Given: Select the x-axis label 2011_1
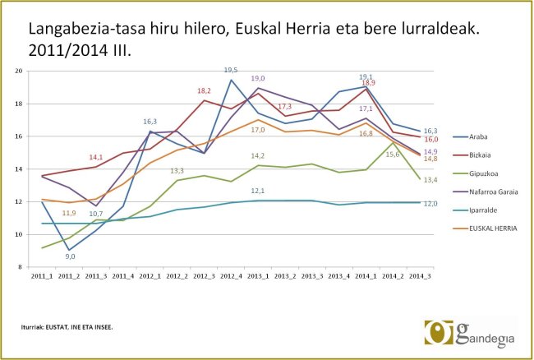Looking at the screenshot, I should coord(42,276).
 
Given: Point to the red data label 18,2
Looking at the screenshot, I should coord(205,90).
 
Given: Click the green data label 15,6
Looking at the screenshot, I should coord(393,154).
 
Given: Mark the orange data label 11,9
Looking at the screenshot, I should coord(69,213).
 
